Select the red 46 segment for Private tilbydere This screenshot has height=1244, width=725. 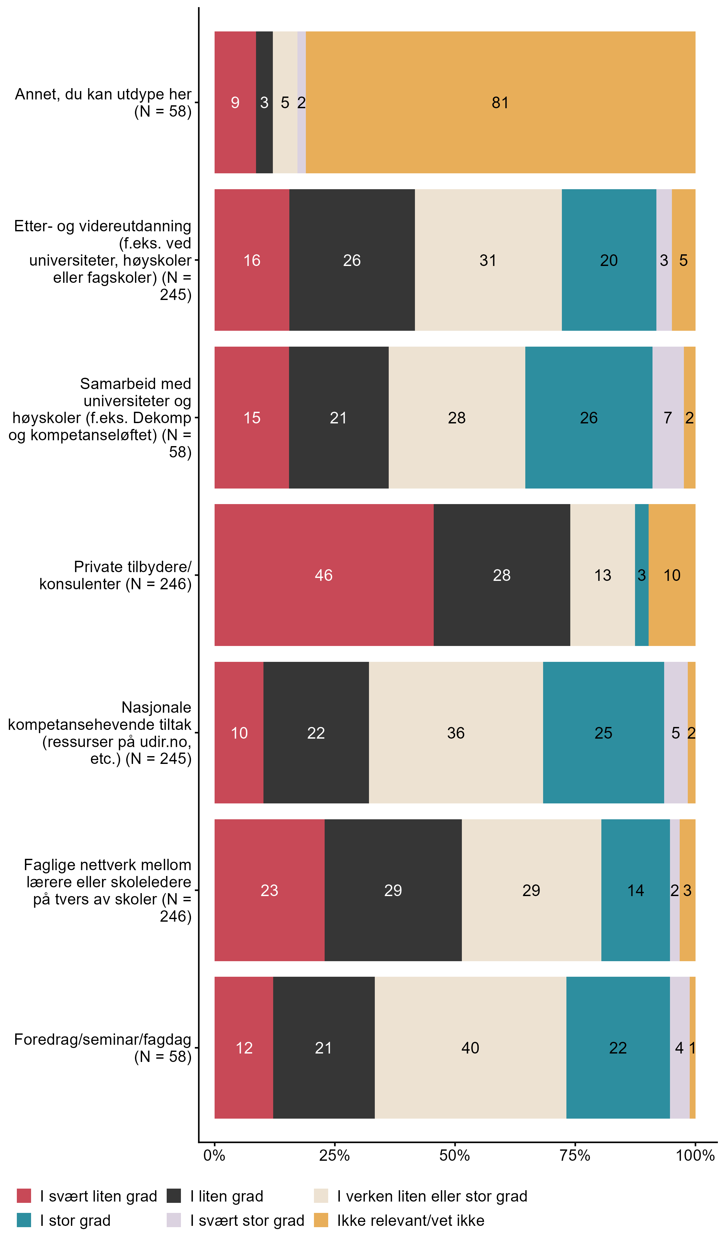point(324,575)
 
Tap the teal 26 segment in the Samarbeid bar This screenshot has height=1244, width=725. point(588,418)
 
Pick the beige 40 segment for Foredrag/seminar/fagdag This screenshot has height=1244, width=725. point(470,1048)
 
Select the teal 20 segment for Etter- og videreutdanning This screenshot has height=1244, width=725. point(608,260)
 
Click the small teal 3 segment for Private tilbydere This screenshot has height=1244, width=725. point(641,575)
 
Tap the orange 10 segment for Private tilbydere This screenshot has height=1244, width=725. point(672,575)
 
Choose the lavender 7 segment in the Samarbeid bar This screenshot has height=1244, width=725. point(668,418)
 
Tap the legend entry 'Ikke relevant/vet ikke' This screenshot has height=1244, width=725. point(410,1220)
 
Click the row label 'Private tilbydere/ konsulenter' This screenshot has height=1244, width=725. point(116,575)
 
